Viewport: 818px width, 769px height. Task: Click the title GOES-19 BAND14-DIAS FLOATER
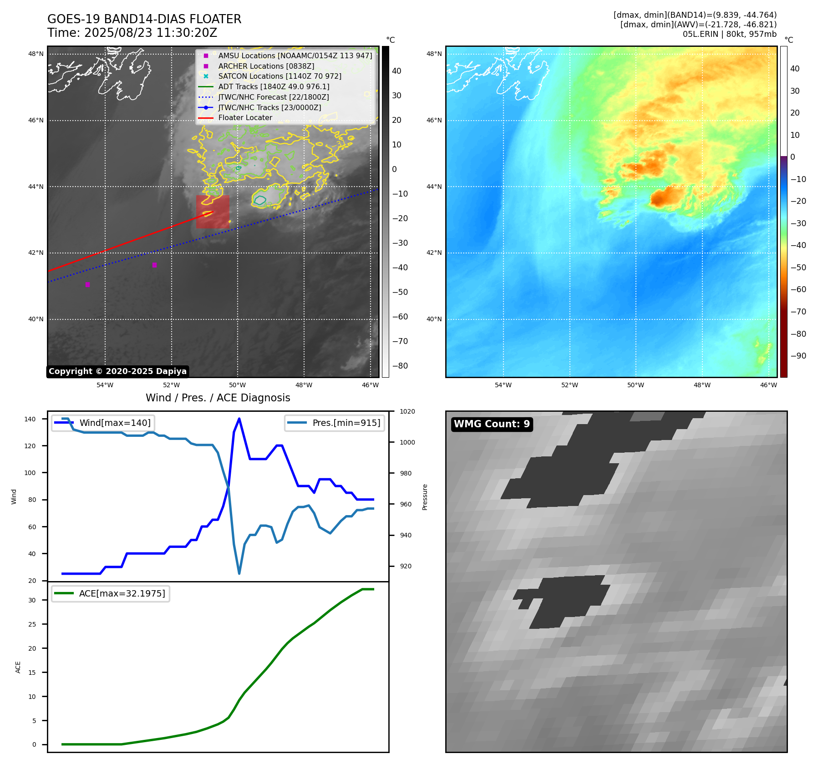point(144,19)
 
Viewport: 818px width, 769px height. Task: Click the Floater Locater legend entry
point(245,118)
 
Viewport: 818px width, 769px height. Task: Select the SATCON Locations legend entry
point(279,76)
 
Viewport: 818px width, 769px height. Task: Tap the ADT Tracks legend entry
point(274,86)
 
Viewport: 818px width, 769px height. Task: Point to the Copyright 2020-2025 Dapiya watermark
point(117,371)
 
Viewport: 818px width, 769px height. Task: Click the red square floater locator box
point(213,212)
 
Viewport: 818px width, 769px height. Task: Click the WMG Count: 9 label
point(492,424)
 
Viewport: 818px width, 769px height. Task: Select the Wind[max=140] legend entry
point(115,423)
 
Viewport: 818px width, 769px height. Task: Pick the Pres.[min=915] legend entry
point(346,423)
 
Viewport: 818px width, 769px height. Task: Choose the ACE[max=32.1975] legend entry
point(122,593)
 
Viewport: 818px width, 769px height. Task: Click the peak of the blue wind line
point(239,419)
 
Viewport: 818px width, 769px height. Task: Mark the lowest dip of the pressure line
point(239,573)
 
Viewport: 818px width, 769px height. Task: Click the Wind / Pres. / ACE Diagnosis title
point(218,398)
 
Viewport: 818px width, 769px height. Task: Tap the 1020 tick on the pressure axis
point(407,411)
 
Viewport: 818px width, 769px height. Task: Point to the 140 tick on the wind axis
point(30,419)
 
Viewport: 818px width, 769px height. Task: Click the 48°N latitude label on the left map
point(36,54)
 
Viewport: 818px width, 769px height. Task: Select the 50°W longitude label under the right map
point(635,385)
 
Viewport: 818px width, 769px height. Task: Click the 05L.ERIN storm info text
point(729,34)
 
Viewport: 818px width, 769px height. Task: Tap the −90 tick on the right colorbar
point(798,356)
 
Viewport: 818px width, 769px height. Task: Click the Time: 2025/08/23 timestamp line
point(132,33)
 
